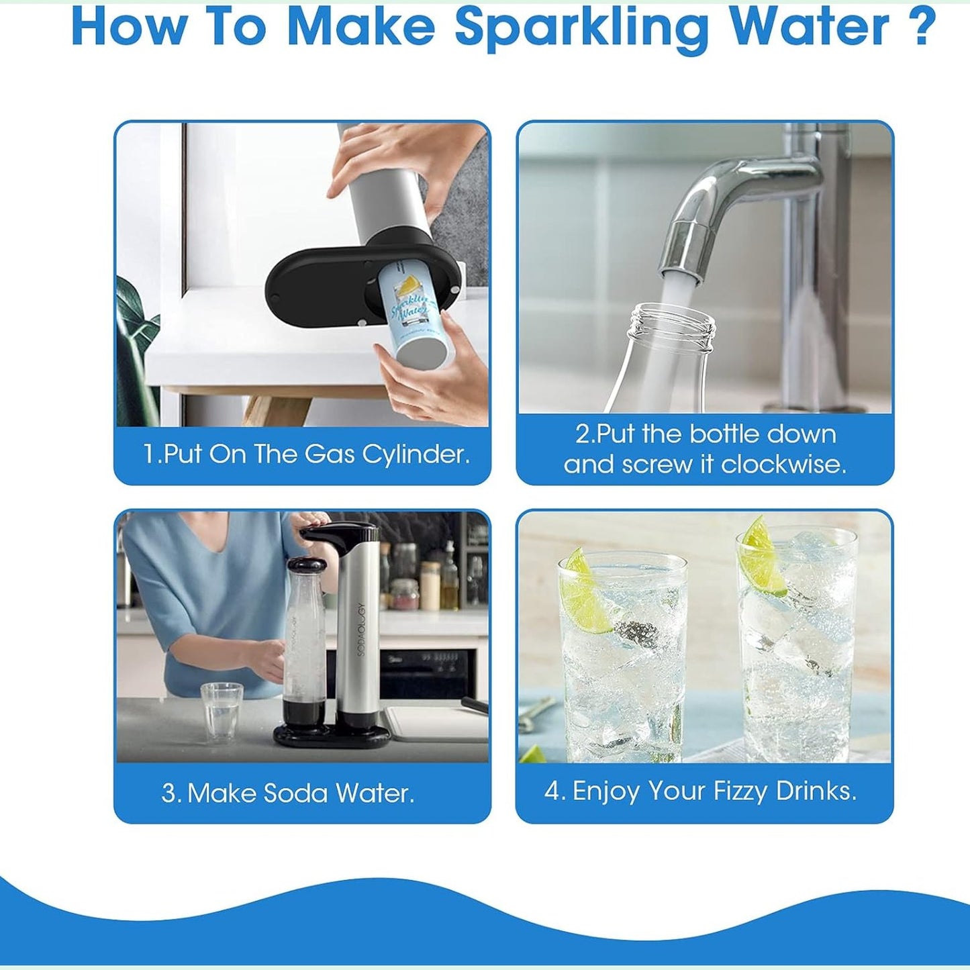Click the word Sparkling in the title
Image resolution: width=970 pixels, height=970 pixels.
(589, 28)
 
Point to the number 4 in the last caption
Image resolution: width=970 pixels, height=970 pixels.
(552, 791)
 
